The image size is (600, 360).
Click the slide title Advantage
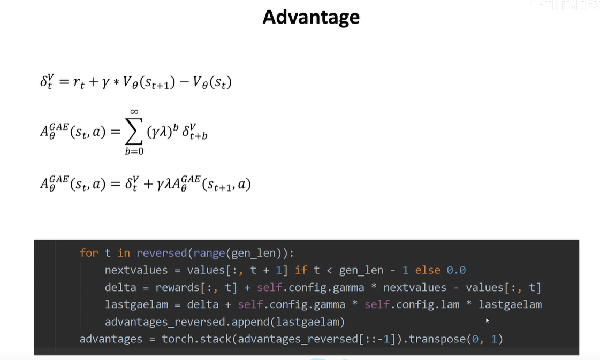(x=310, y=17)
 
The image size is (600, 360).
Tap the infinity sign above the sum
(x=134, y=111)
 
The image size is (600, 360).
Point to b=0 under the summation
(x=134, y=151)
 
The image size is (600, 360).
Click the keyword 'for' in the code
(x=89, y=253)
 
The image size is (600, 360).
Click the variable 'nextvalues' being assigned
(x=136, y=270)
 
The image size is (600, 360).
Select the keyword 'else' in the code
(x=427, y=270)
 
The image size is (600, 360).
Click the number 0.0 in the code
(x=455, y=270)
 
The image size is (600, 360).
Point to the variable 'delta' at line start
(x=120, y=287)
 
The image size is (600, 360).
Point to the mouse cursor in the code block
(x=487, y=320)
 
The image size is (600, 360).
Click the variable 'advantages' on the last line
(x=111, y=339)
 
